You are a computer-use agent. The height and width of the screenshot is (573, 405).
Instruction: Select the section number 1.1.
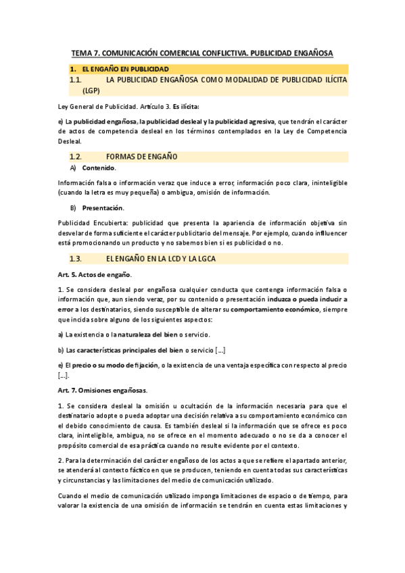76,80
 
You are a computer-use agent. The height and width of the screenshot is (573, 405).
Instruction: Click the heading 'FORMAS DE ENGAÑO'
142,156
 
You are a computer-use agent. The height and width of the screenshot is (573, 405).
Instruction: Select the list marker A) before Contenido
73,168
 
